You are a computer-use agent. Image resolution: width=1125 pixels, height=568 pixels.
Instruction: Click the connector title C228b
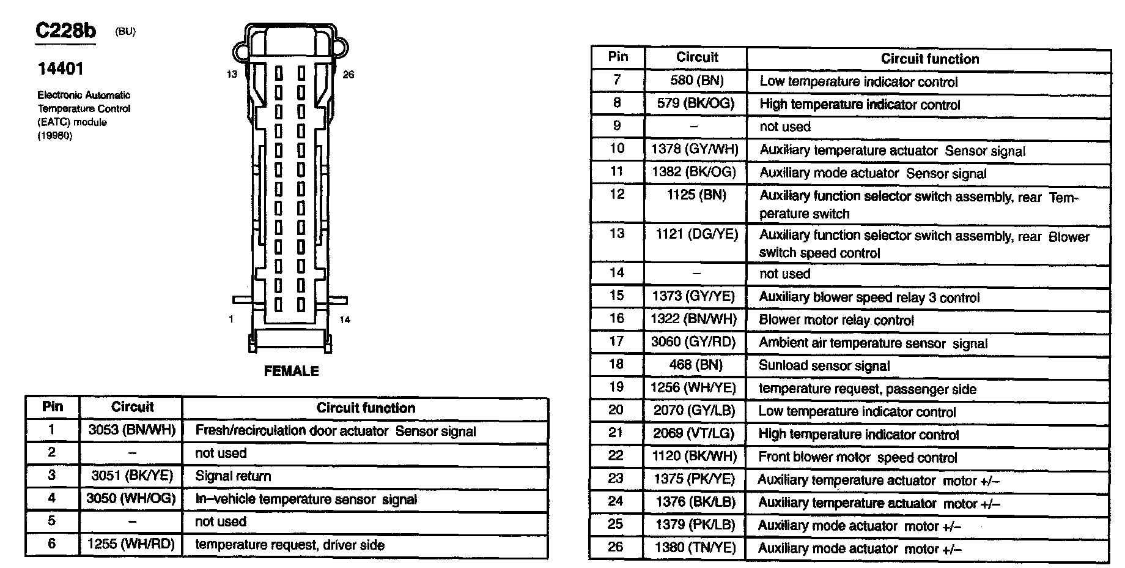click(65, 31)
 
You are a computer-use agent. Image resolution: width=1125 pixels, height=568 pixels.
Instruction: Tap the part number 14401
click(61, 69)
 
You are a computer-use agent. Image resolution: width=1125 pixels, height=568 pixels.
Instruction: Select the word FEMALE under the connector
click(291, 371)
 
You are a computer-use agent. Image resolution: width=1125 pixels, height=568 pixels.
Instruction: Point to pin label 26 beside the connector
click(348, 75)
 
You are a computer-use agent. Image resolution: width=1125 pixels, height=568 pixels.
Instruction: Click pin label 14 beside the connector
click(345, 319)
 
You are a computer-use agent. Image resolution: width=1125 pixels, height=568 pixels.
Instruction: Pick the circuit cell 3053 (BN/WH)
click(131, 430)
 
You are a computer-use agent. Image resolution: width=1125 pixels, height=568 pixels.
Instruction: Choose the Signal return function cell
click(233, 476)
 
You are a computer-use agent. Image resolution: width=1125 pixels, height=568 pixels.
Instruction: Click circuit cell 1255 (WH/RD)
click(131, 544)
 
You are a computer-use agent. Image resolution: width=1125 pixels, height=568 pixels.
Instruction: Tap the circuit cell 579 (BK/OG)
click(695, 103)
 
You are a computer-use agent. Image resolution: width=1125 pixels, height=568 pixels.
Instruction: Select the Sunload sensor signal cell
click(824, 366)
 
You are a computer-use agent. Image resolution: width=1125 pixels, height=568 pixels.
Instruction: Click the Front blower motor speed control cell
click(857, 457)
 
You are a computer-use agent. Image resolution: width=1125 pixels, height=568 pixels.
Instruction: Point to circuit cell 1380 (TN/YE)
click(695, 548)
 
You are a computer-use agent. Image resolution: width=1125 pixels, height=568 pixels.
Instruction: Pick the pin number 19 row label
click(616, 387)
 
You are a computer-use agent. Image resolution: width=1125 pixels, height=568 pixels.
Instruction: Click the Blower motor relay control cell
click(836, 320)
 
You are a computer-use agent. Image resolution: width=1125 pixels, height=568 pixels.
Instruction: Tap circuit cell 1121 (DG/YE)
click(696, 234)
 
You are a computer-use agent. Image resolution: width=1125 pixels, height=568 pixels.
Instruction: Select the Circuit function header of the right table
click(929, 59)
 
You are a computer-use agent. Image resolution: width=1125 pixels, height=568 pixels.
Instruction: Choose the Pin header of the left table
click(53, 407)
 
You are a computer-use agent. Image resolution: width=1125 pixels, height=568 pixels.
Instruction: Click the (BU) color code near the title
click(125, 32)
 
